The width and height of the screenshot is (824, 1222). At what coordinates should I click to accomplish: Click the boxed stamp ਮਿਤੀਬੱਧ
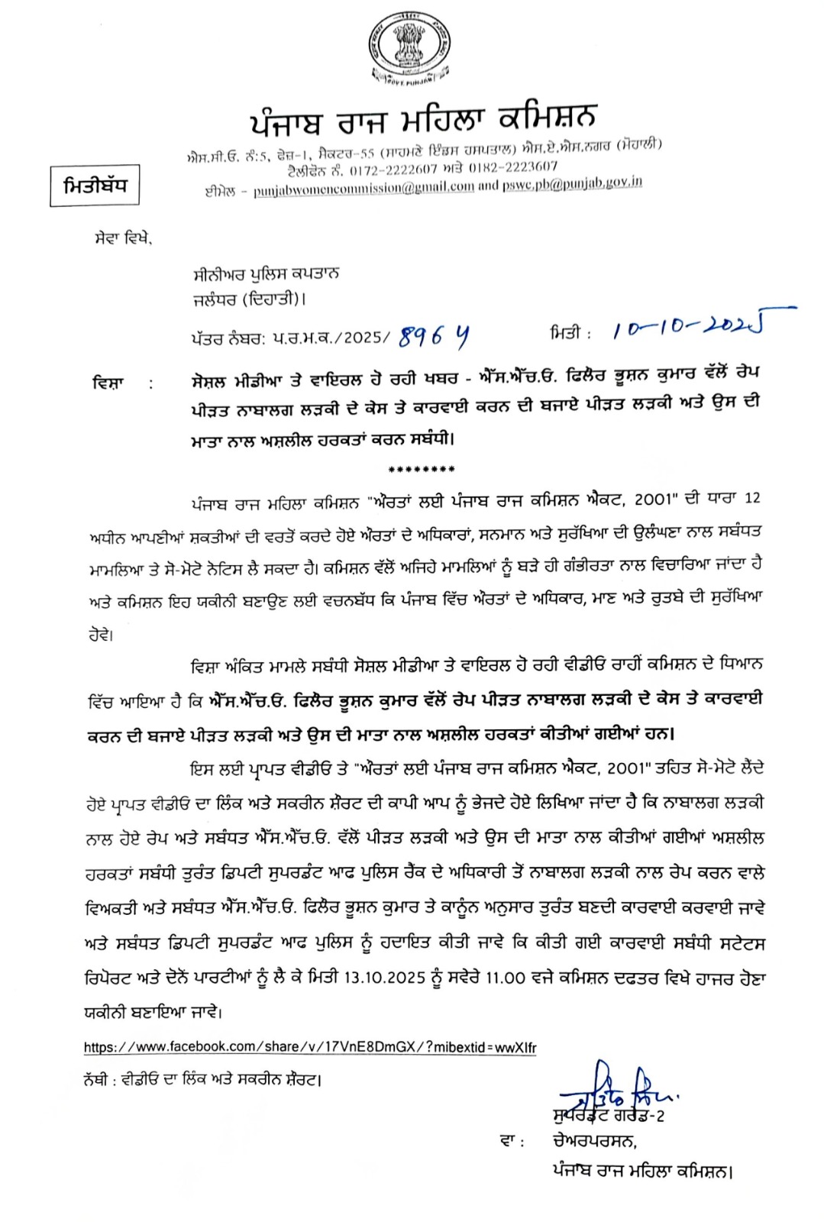click(x=95, y=186)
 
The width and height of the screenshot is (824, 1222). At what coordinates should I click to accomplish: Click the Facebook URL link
click(x=310, y=1047)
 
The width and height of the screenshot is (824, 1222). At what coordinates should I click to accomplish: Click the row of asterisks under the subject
click(x=422, y=470)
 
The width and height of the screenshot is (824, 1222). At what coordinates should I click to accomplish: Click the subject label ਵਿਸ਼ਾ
click(x=108, y=382)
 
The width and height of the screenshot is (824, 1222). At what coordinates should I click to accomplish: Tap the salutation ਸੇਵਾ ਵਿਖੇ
click(x=118, y=240)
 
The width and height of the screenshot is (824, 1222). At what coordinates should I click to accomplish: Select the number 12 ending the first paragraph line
click(x=752, y=498)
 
